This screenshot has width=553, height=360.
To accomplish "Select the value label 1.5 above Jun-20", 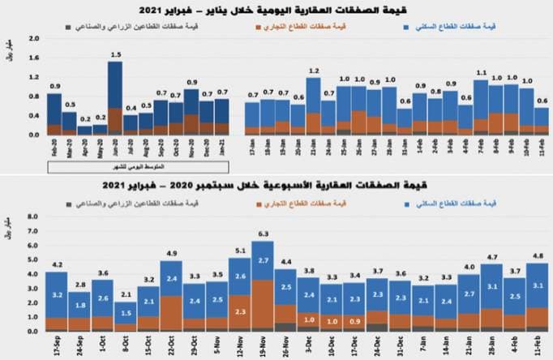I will click(x=116, y=54).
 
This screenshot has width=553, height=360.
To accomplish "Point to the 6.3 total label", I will click(x=262, y=234).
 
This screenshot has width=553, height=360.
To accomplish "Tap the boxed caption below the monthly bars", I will click(x=137, y=166).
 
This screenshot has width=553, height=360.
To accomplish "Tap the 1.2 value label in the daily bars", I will click(x=313, y=71).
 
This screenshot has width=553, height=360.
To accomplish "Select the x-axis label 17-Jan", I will click(x=252, y=147).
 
